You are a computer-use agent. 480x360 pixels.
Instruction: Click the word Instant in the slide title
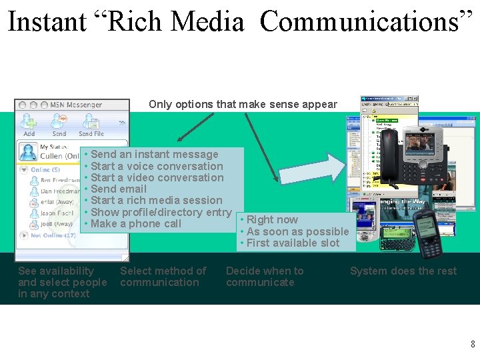47,22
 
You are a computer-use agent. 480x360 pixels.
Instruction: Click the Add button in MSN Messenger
29,124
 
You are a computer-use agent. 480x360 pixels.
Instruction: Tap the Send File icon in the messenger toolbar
91,124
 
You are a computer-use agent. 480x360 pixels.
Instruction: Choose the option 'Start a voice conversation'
157,166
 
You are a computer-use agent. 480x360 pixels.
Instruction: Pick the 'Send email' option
119,189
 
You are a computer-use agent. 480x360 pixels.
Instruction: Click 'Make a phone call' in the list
136,223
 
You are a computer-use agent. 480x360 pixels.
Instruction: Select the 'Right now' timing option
272,219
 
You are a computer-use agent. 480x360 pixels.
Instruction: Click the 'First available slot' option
293,243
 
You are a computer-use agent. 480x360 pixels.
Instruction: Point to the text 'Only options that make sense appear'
243,104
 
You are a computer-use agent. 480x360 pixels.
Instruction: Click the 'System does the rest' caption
403,271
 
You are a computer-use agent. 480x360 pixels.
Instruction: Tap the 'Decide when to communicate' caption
265,277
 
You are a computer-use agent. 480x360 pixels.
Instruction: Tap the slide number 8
473,344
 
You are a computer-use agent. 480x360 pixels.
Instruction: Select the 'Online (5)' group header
45,169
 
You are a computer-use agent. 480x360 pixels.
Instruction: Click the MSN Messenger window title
76,105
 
